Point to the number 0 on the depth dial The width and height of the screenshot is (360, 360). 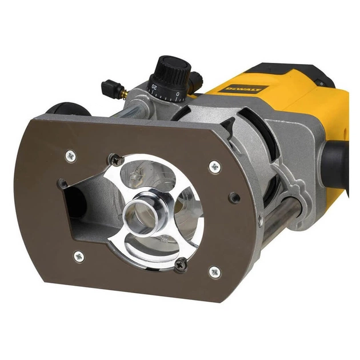[178, 93]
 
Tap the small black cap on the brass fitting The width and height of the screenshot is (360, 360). [110, 88]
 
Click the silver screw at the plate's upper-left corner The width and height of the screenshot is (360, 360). [71, 154]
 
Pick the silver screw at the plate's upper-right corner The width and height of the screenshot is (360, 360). [214, 166]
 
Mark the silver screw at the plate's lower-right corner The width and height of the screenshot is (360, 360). [214, 271]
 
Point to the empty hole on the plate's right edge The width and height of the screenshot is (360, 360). [234, 197]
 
